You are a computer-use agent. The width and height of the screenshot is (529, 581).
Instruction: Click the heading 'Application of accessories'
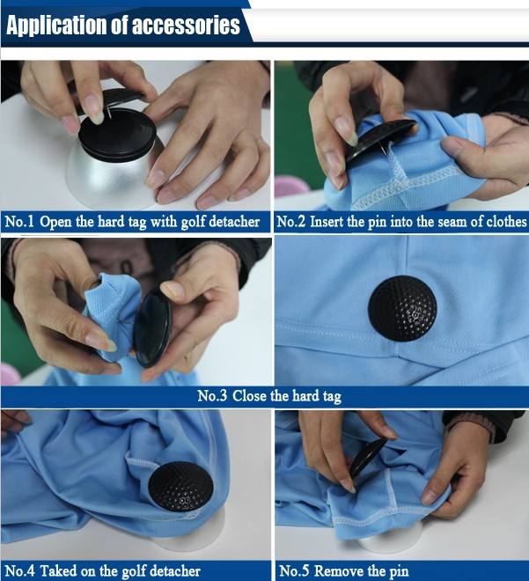pos(123,25)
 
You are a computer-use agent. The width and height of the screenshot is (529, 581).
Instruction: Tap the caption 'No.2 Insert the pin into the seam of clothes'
pos(401,222)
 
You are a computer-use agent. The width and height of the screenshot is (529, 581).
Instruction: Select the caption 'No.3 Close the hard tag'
pos(268,396)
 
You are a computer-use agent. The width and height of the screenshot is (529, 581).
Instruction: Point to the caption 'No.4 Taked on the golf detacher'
pos(108,570)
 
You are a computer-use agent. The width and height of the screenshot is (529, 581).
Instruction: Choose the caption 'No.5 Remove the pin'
pos(344,570)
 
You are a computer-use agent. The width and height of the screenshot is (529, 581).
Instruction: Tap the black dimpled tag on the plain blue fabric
pos(401,309)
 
